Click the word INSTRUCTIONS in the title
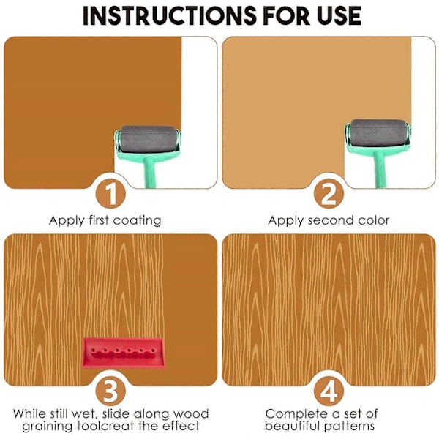[x=170, y=15]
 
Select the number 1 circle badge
[x=110, y=193]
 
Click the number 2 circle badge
[x=329, y=193]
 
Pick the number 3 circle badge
[x=110, y=390]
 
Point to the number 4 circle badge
[x=329, y=390]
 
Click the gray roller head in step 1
[x=148, y=139]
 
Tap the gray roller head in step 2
[x=378, y=132]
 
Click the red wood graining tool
[x=124, y=353]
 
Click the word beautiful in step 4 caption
[x=292, y=426]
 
